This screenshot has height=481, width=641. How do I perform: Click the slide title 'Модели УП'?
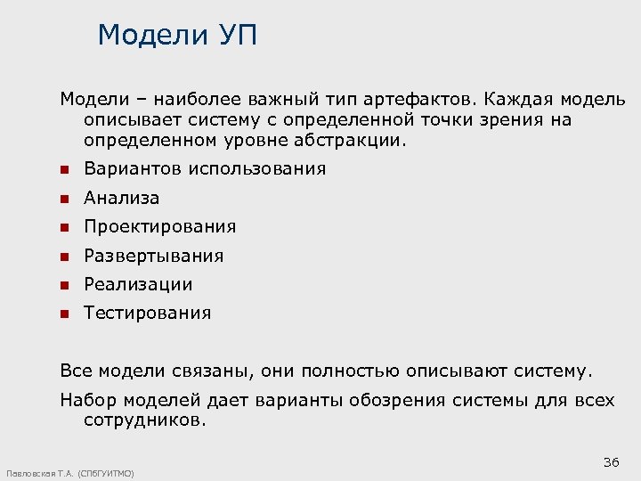[x=178, y=36]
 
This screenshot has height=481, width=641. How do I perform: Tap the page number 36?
[x=611, y=461]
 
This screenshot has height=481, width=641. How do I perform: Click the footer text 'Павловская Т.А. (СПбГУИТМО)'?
[x=70, y=473]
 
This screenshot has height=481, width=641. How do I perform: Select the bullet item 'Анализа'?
[x=121, y=198]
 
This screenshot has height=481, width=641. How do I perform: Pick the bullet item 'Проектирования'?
[x=159, y=226]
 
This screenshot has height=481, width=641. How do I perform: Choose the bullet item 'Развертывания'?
[x=153, y=256]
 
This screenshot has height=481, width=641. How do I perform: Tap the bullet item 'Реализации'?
[x=138, y=284]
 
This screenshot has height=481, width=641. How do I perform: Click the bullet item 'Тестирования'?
[x=147, y=313]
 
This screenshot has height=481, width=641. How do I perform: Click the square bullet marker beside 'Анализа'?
[x=64, y=198]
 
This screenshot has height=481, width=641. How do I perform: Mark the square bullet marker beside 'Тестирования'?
[x=64, y=314]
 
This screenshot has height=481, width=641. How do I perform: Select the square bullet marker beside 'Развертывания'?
[x=64, y=256]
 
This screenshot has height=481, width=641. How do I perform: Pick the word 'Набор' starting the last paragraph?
[x=86, y=400]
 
